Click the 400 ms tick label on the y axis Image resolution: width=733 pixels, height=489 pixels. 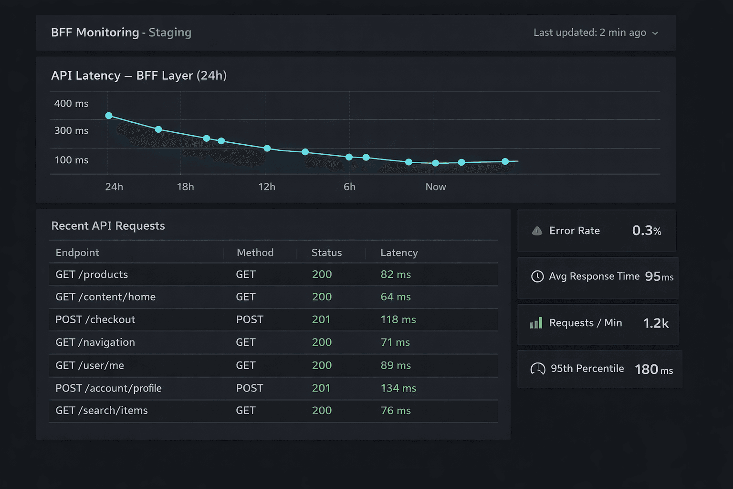(71, 104)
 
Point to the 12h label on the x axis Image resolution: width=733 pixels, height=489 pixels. (267, 187)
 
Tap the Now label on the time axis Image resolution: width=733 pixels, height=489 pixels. (435, 187)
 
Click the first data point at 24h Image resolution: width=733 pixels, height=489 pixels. (109, 116)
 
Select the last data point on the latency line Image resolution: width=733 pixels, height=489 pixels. (505, 161)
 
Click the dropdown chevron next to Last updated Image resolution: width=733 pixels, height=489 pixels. (655, 33)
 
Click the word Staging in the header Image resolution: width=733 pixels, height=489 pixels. (170, 32)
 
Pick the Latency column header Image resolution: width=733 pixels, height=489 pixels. (399, 253)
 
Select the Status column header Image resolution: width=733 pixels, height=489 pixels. (326, 253)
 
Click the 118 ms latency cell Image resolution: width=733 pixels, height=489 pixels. (398, 319)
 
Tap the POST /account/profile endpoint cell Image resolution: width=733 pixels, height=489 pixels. (108, 388)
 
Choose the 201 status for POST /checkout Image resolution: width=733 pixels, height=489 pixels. (321, 319)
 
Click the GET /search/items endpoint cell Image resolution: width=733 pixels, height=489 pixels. (102, 411)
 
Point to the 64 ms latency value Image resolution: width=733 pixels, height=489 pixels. (395, 297)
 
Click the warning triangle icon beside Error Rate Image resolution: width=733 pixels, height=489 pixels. (537, 231)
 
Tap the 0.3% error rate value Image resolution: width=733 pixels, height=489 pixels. (646, 231)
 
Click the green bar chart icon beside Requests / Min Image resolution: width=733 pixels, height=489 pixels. (536, 323)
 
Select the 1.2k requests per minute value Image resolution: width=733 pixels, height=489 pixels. (656, 323)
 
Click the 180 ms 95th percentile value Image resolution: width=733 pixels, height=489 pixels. (653, 369)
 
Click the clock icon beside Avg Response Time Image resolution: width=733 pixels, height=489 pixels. (537, 276)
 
